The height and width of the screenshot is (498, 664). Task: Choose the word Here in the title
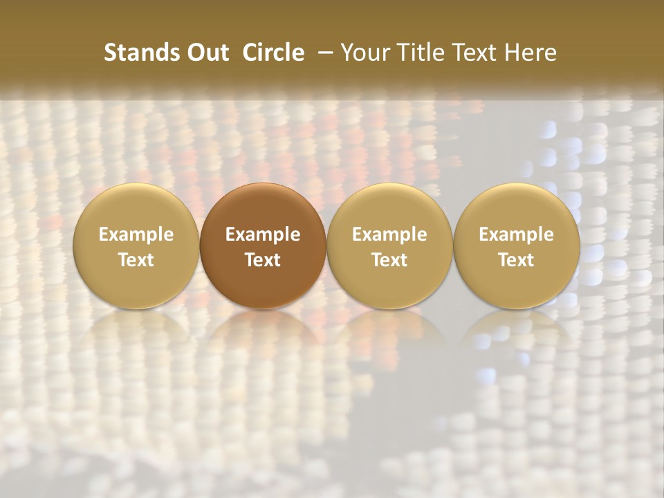[x=530, y=53]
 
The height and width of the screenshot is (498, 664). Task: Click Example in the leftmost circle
[x=136, y=234]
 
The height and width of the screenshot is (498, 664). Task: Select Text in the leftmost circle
[x=136, y=260]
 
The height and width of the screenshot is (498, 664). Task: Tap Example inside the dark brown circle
[x=263, y=234]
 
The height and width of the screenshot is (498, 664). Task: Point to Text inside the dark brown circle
[x=263, y=260]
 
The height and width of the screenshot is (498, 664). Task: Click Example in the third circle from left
[x=389, y=234]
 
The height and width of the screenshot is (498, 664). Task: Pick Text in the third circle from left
[x=389, y=260]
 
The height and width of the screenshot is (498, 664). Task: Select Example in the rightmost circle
[x=517, y=234]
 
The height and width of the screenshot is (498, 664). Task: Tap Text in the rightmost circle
[x=517, y=260]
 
